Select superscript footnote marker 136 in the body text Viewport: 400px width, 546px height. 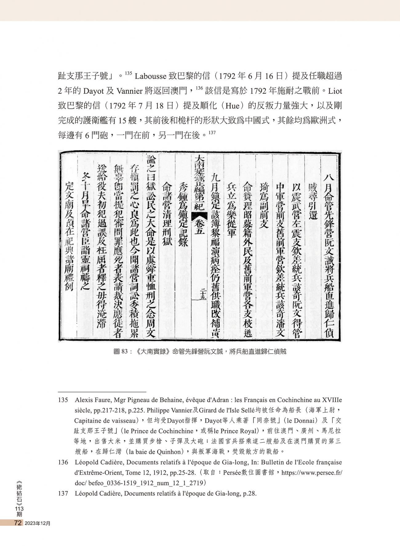pyautogui.click(x=199, y=88)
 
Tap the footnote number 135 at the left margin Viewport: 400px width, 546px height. pyautogui.click(x=63, y=400)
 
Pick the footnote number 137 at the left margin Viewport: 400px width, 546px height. pyautogui.click(x=63, y=494)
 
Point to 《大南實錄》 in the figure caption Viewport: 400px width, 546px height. pyautogui.click(x=153, y=351)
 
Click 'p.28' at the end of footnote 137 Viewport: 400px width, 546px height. pyautogui.click(x=250, y=494)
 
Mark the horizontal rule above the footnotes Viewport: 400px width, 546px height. pyautogui.click(x=102, y=392)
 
